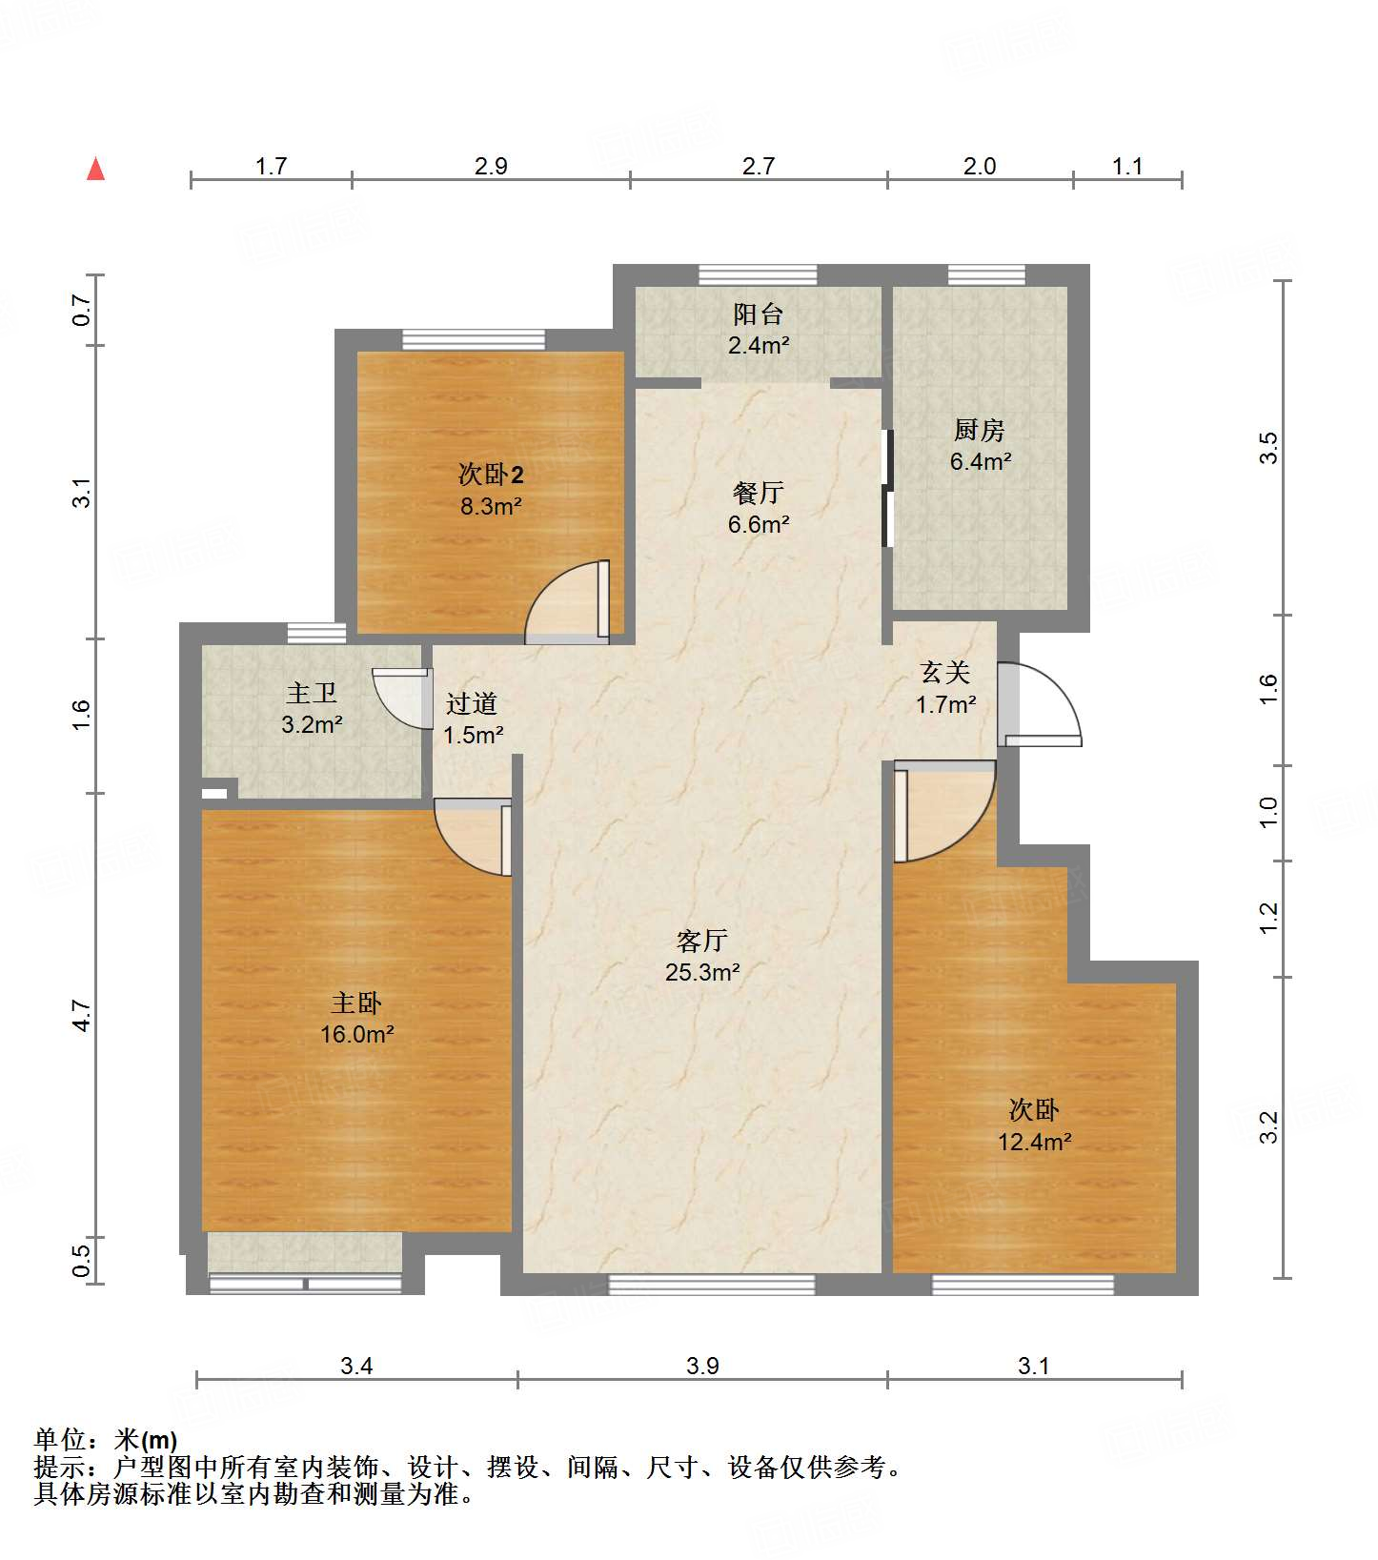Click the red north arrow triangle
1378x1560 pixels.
[x=95, y=169]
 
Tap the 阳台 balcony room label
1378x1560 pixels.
[x=759, y=314]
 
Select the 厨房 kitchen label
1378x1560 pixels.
[x=979, y=430]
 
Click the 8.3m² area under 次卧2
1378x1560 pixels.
[x=491, y=506]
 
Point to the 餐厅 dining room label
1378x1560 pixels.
[x=759, y=493]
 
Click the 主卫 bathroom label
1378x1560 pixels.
[x=312, y=693]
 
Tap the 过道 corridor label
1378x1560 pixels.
[x=472, y=703]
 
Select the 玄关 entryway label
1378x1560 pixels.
[x=945, y=673]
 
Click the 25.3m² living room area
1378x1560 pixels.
[x=702, y=972]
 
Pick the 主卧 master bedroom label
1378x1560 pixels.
[x=356, y=1003]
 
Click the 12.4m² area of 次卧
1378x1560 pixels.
[x=1034, y=1142]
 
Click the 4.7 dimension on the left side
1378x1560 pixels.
[x=83, y=1015]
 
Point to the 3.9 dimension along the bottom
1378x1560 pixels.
[x=702, y=1366]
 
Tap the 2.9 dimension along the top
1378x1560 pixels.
[x=491, y=166]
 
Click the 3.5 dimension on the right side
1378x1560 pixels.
[x=1268, y=448]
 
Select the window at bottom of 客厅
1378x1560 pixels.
[x=711, y=1284]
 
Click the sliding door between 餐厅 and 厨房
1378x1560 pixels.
[x=887, y=489]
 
